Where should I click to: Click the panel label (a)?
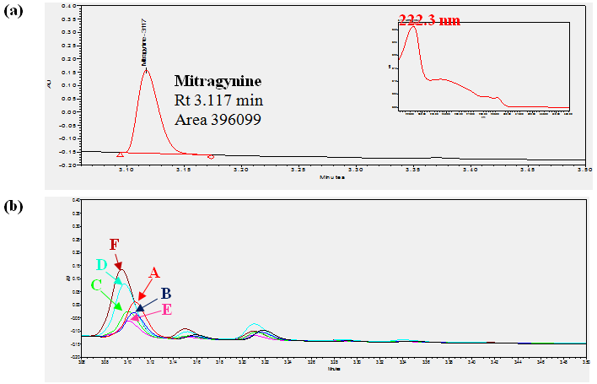(x=15, y=11)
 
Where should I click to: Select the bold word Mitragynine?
(x=218, y=82)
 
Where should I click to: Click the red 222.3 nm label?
(x=430, y=20)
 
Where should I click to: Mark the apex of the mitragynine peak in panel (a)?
(x=147, y=69)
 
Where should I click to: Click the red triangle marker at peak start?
(x=120, y=154)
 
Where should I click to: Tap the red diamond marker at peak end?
(x=211, y=156)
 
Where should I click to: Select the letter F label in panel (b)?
(x=116, y=245)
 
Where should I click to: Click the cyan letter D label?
(x=101, y=265)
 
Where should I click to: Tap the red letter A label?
(x=154, y=272)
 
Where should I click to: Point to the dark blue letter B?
(x=166, y=293)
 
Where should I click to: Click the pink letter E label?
(x=166, y=309)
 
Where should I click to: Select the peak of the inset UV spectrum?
(x=412, y=28)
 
